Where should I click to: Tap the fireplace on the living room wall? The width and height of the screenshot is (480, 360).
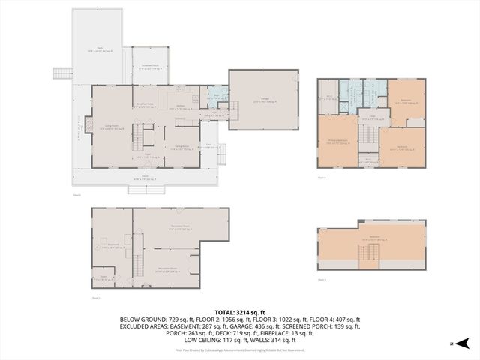(88, 125)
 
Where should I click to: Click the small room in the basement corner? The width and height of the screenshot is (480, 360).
(103, 277)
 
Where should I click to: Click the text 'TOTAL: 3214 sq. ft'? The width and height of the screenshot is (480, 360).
(240, 312)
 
